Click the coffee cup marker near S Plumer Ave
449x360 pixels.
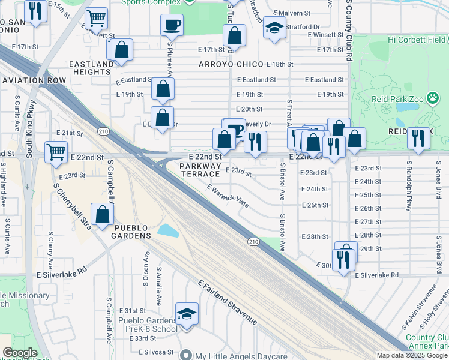(172, 26)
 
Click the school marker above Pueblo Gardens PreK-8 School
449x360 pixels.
(187, 314)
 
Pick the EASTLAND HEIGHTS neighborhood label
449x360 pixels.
(91, 68)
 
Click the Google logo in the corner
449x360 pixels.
(20, 353)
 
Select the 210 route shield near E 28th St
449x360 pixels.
(253, 241)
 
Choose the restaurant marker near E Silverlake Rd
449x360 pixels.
(343, 260)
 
